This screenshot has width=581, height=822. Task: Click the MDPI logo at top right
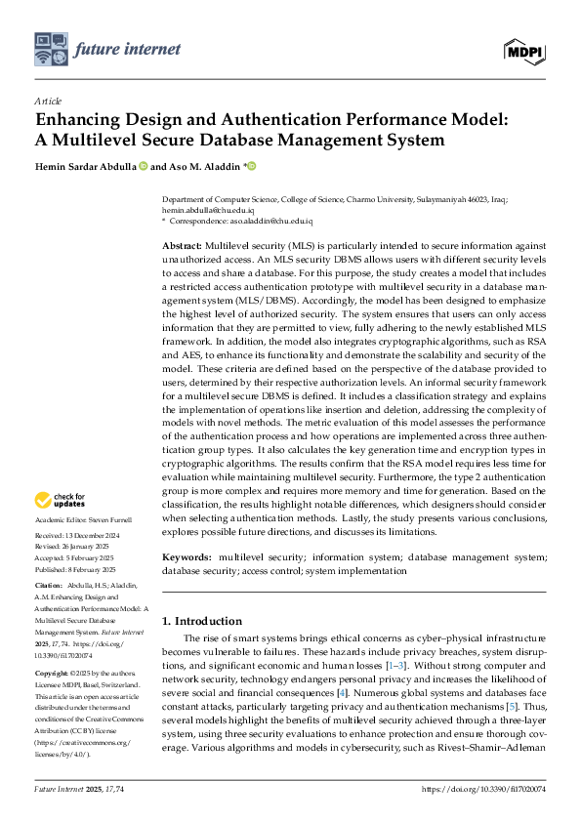tap(524, 49)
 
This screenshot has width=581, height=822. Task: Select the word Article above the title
tap(47, 101)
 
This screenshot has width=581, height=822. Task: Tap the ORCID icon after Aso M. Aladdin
tap(251, 166)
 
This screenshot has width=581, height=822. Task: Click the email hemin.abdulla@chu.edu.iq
tap(207, 210)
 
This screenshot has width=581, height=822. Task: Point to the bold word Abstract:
tap(182, 248)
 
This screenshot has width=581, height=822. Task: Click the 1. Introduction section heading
tap(202, 621)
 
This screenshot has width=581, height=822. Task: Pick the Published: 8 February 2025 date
tap(74, 568)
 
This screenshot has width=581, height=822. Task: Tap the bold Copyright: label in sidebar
tap(52, 675)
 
